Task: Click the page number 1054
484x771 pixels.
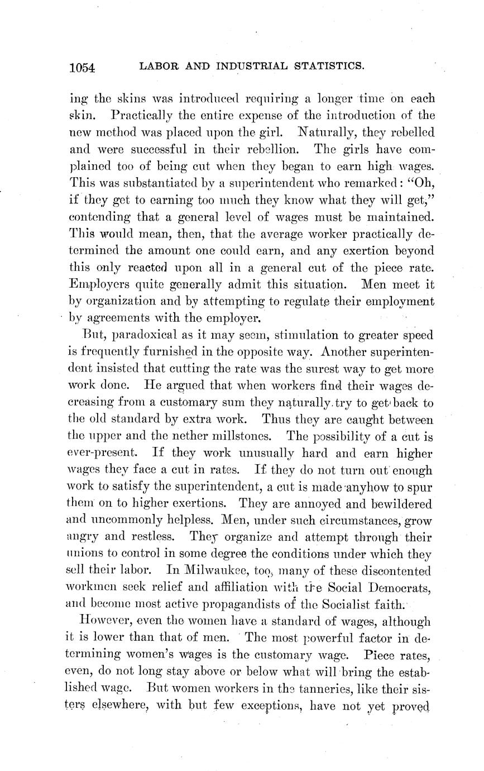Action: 83,68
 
